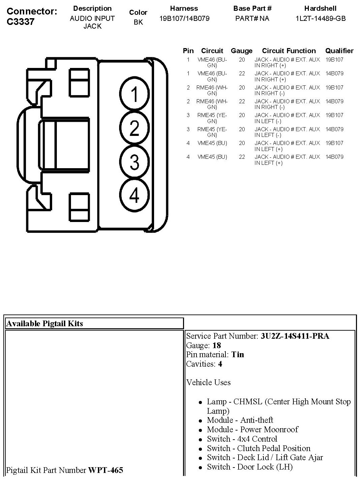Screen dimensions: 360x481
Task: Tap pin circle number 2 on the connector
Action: (134, 128)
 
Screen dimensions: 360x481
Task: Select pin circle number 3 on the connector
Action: (134, 162)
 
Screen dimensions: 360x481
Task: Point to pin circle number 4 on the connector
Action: (134, 195)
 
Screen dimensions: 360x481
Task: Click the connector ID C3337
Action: (20, 22)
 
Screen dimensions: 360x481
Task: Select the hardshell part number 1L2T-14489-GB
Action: (320, 18)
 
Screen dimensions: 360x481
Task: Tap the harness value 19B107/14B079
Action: (184, 18)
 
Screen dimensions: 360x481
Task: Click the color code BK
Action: (138, 22)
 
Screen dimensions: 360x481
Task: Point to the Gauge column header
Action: (242, 51)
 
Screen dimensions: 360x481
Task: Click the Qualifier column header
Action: (339, 51)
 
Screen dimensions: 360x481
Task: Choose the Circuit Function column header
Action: (289, 51)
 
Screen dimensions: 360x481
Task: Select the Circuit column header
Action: (212, 51)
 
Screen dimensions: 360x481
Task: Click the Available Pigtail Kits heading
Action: (45, 324)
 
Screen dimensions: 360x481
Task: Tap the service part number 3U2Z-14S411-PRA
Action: (295, 336)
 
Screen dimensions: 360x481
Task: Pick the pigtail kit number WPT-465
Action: (106, 470)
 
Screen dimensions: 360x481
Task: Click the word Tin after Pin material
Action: (238, 355)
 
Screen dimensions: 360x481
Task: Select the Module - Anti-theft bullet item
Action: (240, 420)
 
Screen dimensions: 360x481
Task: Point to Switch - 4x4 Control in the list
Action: (242, 439)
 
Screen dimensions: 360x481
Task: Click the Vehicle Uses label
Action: (209, 382)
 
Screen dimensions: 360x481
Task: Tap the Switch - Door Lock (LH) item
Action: (250, 467)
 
